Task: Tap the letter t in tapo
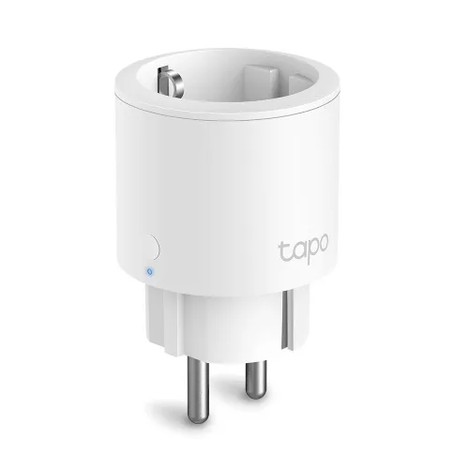[283, 250]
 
